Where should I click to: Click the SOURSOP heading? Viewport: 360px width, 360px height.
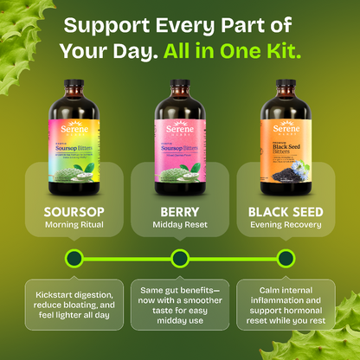[x=74, y=210]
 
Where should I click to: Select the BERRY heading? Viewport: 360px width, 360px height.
[x=180, y=210]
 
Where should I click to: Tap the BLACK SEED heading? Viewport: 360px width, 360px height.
[x=286, y=210]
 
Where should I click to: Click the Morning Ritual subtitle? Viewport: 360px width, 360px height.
[x=74, y=226]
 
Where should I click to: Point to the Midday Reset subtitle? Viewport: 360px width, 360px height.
[x=180, y=226]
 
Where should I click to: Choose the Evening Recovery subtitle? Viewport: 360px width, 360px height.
[x=286, y=226]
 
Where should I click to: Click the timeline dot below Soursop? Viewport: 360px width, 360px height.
[x=74, y=257]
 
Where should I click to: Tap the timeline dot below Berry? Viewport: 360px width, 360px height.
[x=180, y=257]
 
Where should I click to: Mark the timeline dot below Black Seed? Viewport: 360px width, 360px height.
[x=286, y=257]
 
